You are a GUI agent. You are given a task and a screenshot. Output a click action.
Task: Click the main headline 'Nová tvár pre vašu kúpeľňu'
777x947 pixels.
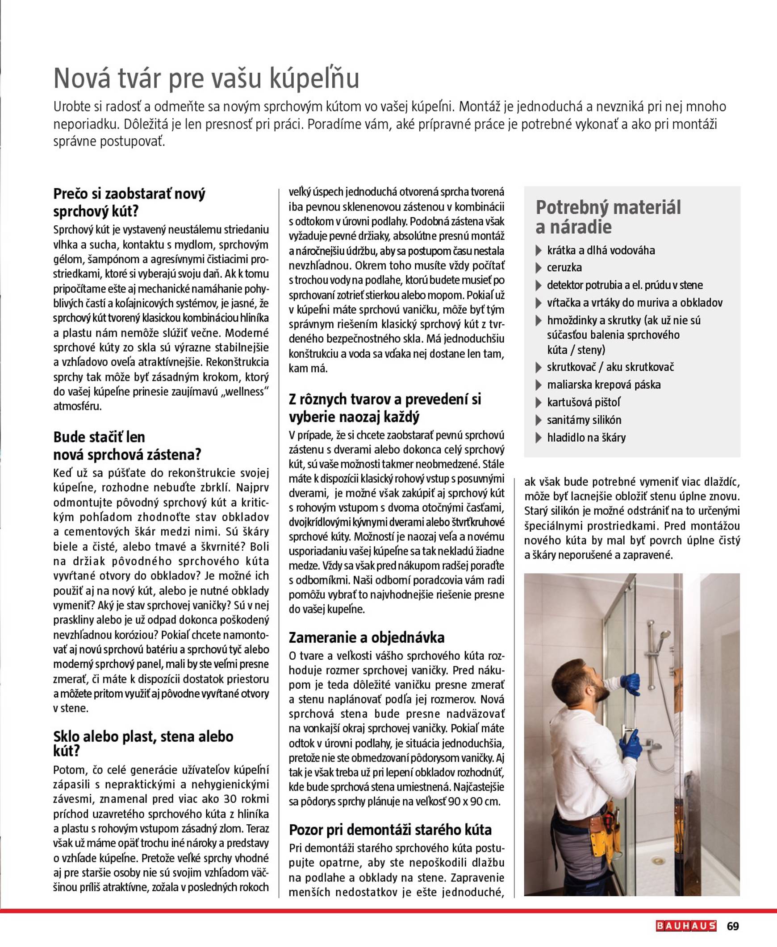click(x=206, y=78)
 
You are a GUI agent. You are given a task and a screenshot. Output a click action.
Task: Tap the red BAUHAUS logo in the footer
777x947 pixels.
click(x=686, y=926)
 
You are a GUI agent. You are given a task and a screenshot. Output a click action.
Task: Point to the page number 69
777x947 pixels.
click(x=733, y=926)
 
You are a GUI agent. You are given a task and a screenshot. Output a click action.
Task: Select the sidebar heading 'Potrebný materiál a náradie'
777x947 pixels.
click(x=608, y=217)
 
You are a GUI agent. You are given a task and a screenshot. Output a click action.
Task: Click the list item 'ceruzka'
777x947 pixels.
click(x=564, y=267)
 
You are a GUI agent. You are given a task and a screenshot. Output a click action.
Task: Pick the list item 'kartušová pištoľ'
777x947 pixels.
click(x=584, y=402)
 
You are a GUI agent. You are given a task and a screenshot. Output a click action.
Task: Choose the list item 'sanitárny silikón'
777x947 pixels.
click(x=584, y=419)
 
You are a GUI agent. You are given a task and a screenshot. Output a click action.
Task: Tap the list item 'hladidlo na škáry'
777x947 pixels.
click(x=586, y=437)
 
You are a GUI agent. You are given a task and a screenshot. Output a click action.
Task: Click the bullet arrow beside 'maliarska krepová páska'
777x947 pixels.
click(x=539, y=385)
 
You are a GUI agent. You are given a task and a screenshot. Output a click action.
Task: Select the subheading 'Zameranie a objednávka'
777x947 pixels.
click(x=367, y=637)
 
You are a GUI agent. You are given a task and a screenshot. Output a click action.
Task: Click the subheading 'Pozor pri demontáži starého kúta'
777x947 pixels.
click(x=390, y=830)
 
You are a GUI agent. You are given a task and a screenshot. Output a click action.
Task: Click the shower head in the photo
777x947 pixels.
click(x=666, y=634)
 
